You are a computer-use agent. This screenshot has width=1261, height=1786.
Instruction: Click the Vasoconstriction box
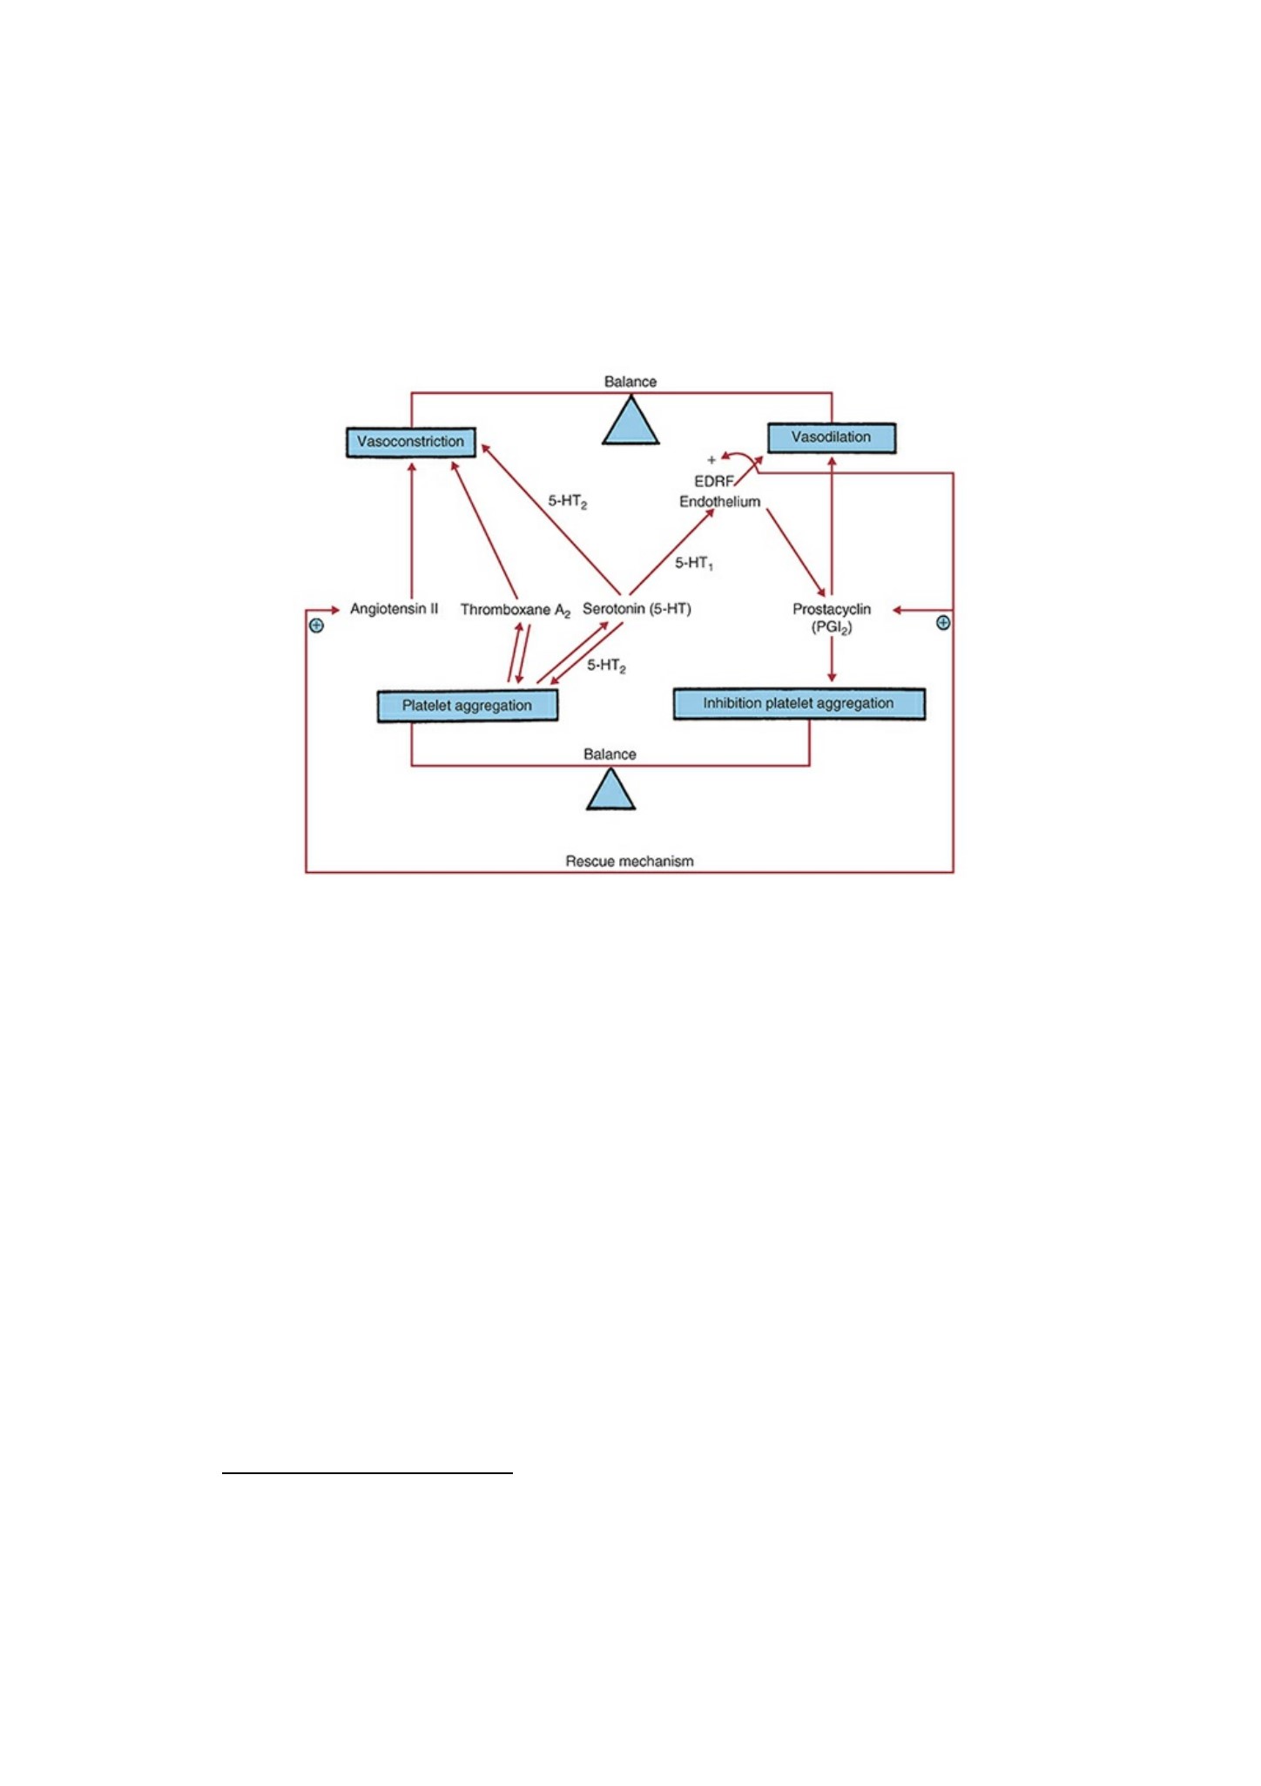[x=411, y=442]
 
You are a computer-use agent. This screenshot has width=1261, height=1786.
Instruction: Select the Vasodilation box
[x=831, y=437]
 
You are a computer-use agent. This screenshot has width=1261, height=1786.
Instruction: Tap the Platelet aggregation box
[x=468, y=706]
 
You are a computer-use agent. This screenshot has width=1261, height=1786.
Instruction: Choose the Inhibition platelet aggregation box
[x=799, y=704]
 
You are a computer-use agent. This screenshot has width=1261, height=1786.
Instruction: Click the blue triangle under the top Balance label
[x=630, y=422]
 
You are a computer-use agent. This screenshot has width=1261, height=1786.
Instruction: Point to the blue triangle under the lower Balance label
[x=610, y=789]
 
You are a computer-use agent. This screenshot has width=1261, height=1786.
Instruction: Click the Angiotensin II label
[x=394, y=609]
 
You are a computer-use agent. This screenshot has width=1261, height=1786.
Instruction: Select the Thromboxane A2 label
[x=516, y=610]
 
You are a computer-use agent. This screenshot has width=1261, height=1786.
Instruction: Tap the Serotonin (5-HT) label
[x=637, y=609]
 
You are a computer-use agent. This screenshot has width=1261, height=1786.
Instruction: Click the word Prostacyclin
[x=832, y=609]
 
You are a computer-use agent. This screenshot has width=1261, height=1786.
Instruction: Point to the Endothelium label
[x=719, y=502]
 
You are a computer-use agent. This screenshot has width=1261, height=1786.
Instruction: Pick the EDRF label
[x=714, y=481]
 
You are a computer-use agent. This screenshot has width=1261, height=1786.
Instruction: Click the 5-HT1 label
[x=694, y=564]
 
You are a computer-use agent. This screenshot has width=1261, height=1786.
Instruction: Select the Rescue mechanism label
[x=630, y=862]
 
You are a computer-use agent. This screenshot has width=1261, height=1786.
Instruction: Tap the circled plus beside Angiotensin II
[x=317, y=626]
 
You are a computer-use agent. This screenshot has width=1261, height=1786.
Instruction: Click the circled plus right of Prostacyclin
[x=943, y=623]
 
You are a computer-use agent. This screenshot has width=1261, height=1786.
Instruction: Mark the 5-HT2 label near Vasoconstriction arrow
[x=568, y=502]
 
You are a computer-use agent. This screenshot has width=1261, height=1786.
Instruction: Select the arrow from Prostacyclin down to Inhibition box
[x=832, y=660]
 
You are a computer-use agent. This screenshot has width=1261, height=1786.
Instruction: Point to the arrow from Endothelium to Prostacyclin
[x=796, y=553]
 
